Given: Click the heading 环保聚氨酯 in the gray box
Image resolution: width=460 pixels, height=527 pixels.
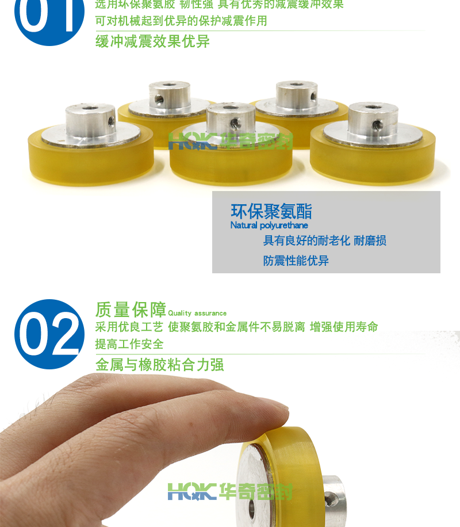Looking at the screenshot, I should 271,212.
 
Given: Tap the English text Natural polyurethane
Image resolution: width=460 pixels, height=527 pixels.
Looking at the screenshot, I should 269,226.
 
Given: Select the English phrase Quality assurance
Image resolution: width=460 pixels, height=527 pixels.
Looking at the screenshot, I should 197,314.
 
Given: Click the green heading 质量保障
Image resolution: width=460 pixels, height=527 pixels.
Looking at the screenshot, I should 131,310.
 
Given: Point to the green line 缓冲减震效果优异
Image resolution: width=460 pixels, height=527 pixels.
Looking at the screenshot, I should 152,41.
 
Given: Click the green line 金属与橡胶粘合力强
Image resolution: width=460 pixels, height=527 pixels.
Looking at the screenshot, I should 159,364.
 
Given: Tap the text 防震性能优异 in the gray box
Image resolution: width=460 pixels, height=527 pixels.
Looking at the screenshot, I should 296,261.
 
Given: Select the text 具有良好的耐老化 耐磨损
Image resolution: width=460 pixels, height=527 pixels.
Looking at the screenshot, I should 324,240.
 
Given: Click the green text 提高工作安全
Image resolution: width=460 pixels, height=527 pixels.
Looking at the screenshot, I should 129,344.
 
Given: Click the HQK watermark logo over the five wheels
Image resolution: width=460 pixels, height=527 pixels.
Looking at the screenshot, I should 230,140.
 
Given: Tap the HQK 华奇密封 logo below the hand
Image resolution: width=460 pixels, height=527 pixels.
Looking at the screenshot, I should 230,491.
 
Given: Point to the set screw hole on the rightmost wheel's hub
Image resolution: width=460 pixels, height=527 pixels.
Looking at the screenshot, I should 377,124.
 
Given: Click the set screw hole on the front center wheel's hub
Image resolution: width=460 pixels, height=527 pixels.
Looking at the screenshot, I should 234,123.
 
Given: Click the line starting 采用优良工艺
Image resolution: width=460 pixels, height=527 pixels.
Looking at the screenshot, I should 236,327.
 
